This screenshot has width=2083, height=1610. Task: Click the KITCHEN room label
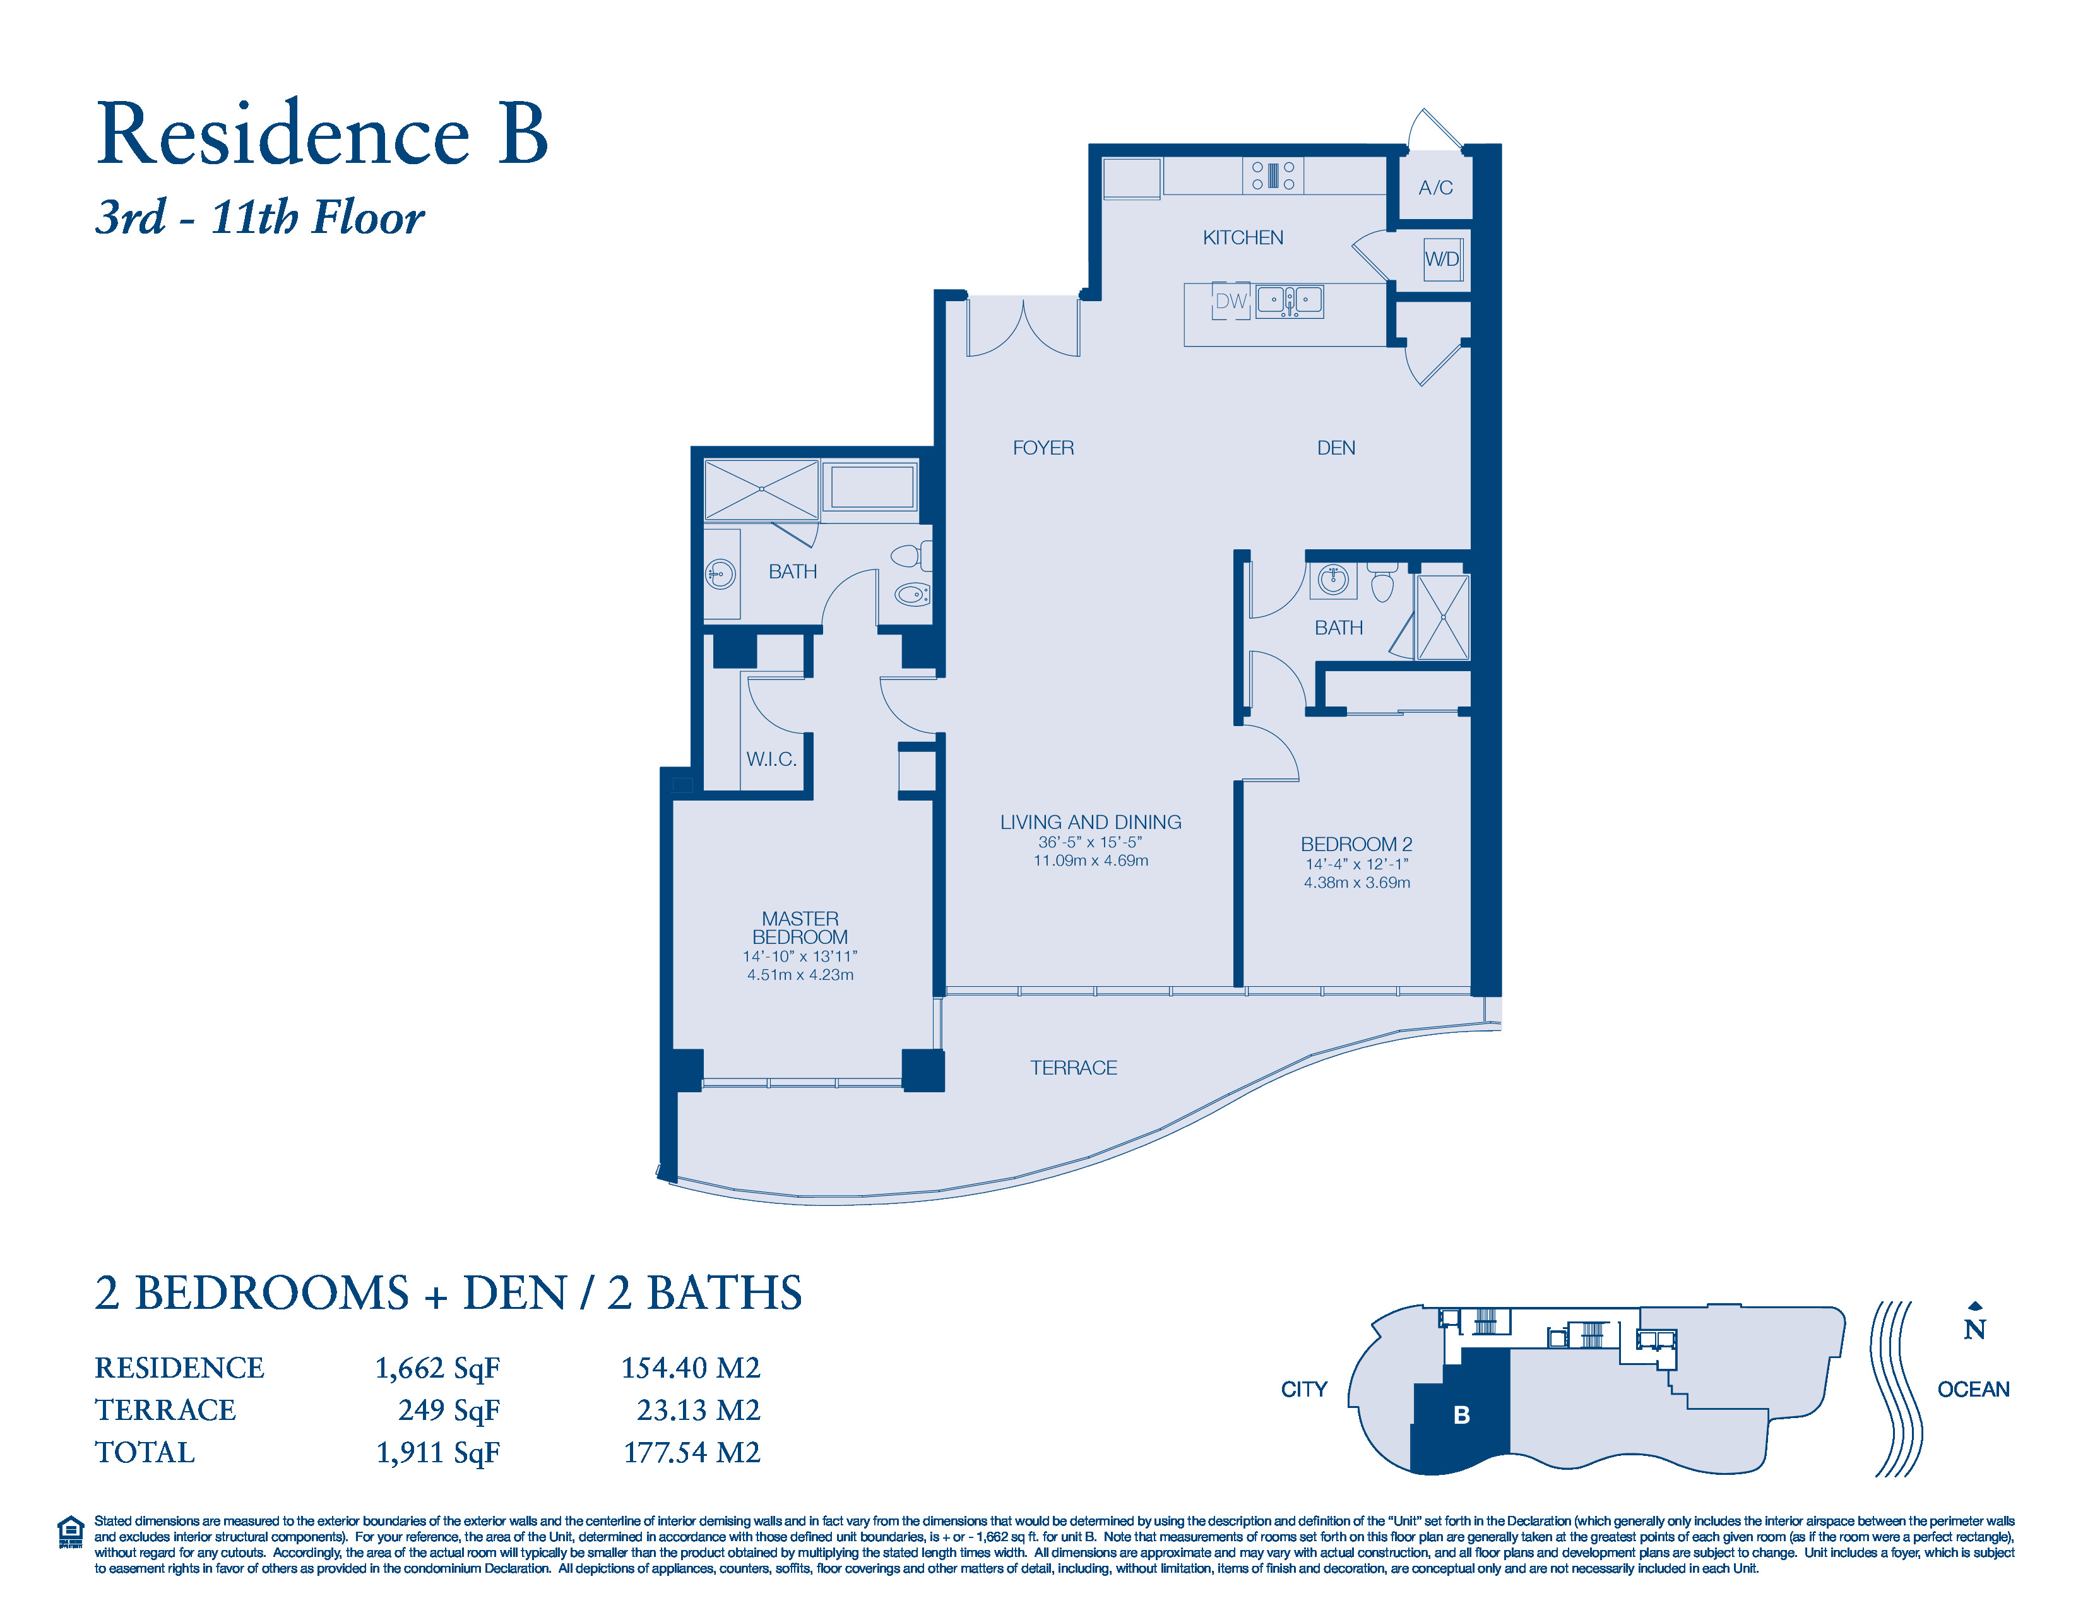point(1243,237)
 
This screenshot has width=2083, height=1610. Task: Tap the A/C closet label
point(1435,188)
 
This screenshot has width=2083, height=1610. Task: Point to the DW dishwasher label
point(1230,301)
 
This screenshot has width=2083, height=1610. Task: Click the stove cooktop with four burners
point(1273,176)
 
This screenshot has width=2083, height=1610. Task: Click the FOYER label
point(1043,448)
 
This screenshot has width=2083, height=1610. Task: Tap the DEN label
point(1336,448)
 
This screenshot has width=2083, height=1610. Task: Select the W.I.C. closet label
point(771,759)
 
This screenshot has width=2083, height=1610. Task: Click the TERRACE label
point(1074,1067)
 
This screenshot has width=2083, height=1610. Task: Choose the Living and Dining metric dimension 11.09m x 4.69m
point(1091,861)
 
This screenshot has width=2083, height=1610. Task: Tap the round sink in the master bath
point(719,574)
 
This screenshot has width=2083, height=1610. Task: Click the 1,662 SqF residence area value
point(438,1369)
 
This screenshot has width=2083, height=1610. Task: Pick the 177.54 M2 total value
point(692,1453)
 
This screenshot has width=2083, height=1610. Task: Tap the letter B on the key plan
point(1461,1416)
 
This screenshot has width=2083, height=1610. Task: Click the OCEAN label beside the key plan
point(1973,1389)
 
